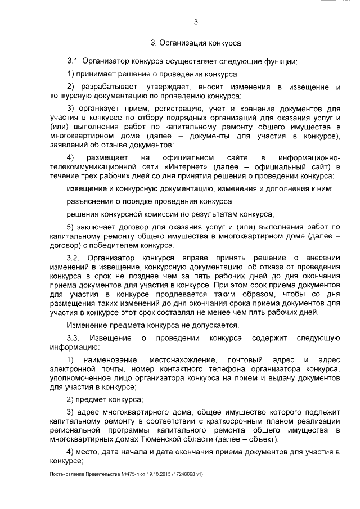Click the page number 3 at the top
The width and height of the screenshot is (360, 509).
tap(195, 22)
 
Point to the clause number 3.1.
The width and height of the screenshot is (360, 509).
tap(75, 60)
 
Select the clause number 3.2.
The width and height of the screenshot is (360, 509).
tap(75, 256)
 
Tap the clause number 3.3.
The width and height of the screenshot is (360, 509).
tap(75, 338)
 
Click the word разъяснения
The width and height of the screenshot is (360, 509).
tap(89, 201)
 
